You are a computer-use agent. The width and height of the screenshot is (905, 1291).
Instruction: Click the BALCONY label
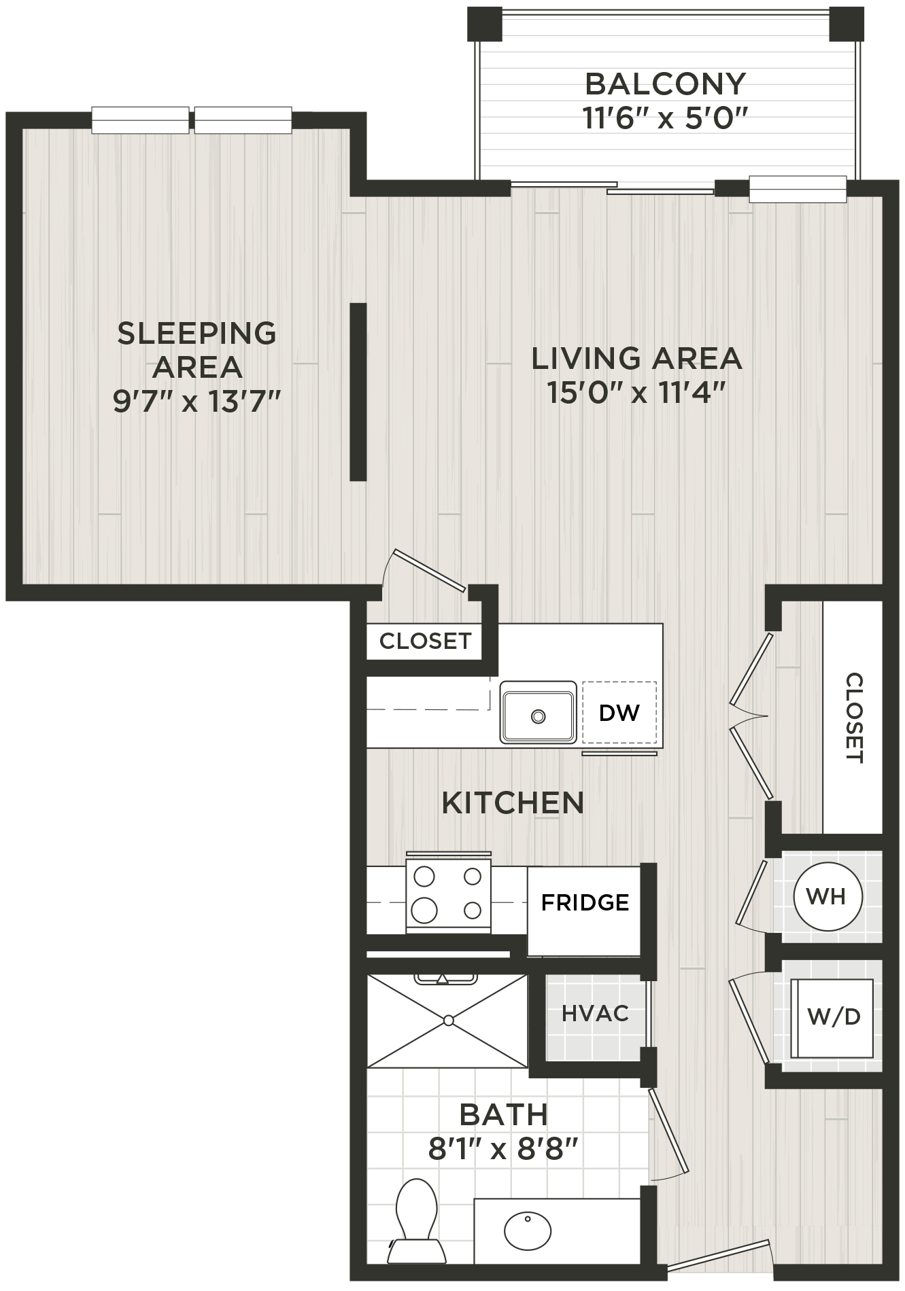click(665, 84)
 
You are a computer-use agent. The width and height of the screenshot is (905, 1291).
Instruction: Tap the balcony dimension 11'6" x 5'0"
click(665, 120)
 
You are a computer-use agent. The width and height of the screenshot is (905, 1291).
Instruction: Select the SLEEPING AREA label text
click(197, 350)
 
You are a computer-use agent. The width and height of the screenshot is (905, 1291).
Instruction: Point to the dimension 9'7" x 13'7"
click(197, 402)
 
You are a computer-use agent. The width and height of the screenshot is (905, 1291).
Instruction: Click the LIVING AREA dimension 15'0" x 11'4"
click(636, 393)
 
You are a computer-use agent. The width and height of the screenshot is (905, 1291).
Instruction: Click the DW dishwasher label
click(619, 713)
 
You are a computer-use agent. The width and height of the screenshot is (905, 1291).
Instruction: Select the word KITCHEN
click(513, 803)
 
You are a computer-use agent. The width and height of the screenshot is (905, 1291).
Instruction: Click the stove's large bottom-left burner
click(424, 909)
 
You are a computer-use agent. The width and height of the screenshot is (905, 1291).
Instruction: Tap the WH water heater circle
click(827, 896)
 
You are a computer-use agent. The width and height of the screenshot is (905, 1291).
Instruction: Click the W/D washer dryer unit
click(834, 1017)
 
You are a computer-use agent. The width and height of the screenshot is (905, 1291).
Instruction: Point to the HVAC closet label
click(595, 1014)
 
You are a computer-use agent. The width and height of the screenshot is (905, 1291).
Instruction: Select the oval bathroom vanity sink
click(528, 1230)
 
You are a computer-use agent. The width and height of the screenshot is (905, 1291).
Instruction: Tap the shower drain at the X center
click(448, 1021)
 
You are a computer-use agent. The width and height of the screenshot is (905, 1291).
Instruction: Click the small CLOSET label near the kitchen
click(425, 641)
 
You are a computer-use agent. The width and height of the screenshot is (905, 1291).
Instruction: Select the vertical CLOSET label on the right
click(854, 718)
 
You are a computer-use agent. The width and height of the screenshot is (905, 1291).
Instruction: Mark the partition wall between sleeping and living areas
click(358, 392)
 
